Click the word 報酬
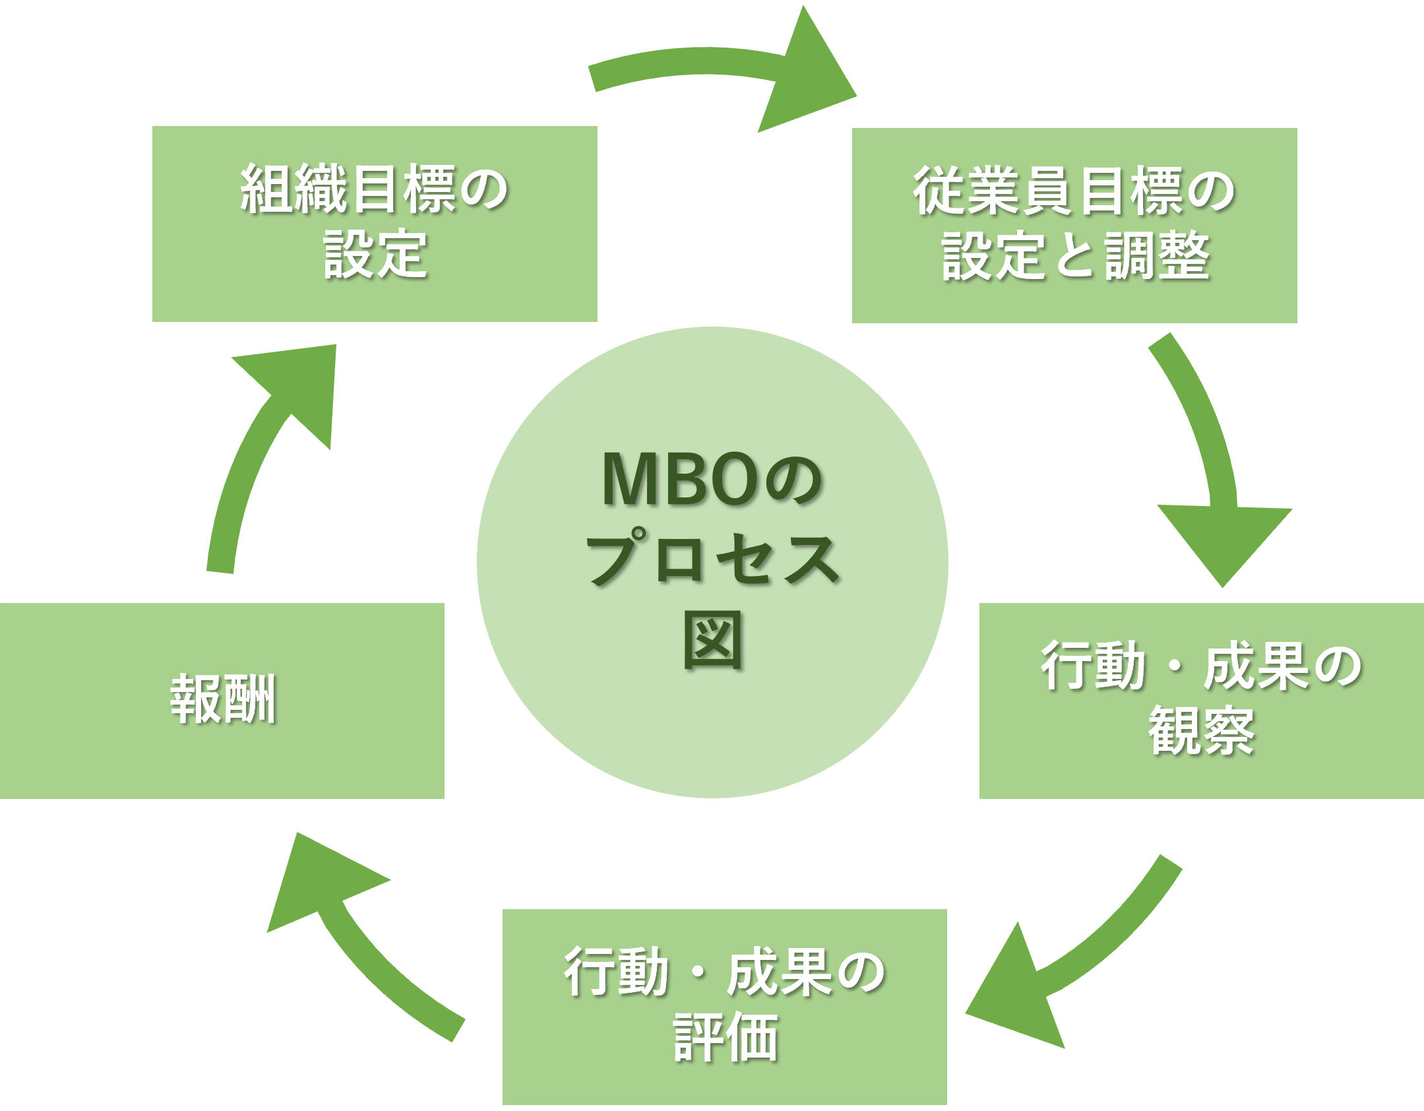(x=223, y=699)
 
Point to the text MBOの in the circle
(x=712, y=480)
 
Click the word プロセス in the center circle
(x=712, y=559)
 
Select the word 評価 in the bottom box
(x=725, y=1038)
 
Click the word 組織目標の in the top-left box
(x=374, y=189)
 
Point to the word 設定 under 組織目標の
(x=375, y=255)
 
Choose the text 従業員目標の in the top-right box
(x=1074, y=191)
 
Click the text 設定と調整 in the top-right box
(x=1075, y=256)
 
